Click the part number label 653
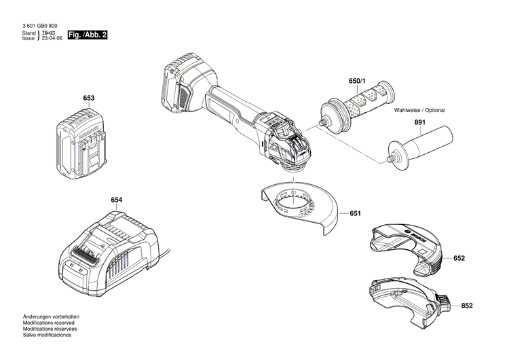(x=89, y=98)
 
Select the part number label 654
(x=117, y=200)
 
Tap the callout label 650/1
(x=358, y=82)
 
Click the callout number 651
(x=355, y=213)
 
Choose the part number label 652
(x=459, y=259)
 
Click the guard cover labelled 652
(x=407, y=248)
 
